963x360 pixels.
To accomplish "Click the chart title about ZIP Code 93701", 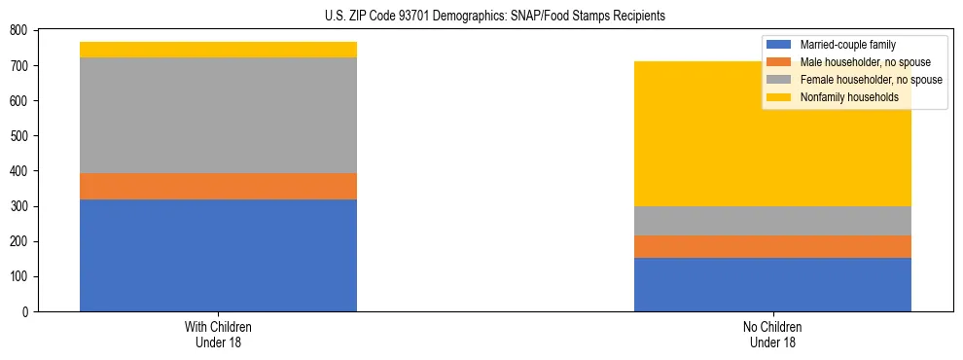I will [495, 17].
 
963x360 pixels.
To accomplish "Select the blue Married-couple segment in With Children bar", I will [218, 255].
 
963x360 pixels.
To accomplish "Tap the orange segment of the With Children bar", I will [218, 186].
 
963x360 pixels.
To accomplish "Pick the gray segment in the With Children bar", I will [218, 115].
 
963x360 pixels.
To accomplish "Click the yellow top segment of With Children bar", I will [218, 50].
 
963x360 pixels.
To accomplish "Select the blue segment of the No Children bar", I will [772, 284].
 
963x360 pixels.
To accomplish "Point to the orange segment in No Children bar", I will [772, 246].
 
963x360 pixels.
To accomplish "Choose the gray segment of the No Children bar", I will [772, 221].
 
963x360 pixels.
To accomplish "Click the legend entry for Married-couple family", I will [847, 45].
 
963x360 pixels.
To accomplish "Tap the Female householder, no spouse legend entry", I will [870, 80].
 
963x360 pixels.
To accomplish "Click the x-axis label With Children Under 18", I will [218, 334].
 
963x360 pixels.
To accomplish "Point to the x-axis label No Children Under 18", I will [772, 334].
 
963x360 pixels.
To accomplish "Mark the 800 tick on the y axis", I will [18, 30].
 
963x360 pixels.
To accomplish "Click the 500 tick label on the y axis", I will [18, 136].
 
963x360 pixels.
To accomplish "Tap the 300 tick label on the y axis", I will [18, 206].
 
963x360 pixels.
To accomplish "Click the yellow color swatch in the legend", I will [779, 97].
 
